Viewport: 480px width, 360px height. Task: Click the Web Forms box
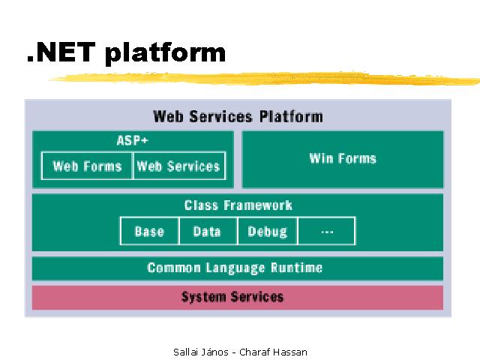tap(87, 166)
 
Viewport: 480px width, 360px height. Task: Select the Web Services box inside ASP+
tap(179, 166)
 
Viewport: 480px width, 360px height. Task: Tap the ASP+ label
tap(133, 140)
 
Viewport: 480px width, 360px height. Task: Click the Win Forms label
tap(343, 158)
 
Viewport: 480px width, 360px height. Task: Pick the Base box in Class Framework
tap(149, 231)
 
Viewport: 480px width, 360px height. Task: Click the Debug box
tap(268, 231)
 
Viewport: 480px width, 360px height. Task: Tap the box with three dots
tap(327, 231)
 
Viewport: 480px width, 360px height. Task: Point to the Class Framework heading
tap(238, 205)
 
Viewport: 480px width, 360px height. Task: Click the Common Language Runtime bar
tap(238, 268)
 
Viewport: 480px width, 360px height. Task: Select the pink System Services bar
tap(238, 298)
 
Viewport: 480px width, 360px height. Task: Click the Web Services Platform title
tap(238, 117)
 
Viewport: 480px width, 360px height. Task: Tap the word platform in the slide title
tap(165, 54)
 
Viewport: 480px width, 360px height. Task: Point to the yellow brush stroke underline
tap(265, 79)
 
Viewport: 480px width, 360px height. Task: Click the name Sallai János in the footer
tap(201, 352)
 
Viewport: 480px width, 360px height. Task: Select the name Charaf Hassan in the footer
tap(273, 352)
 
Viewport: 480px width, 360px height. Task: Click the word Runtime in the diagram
tap(297, 268)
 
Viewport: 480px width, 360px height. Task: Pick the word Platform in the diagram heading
tap(291, 117)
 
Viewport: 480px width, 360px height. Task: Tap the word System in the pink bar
tap(203, 297)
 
